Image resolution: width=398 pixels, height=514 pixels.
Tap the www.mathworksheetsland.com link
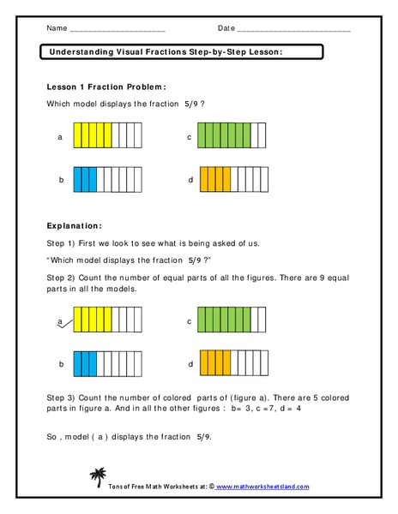pos(262,487)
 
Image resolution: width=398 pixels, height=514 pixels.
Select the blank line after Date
pos(293,29)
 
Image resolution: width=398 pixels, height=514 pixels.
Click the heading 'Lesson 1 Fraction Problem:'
pos(106,87)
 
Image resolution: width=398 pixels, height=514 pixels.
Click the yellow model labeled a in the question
pos(107,137)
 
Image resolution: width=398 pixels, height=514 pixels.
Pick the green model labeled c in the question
pos(232,136)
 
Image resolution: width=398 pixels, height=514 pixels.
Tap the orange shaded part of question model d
pos(215,180)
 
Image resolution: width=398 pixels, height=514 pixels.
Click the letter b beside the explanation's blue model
pos(61,364)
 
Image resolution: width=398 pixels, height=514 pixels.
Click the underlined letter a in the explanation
pos(60,322)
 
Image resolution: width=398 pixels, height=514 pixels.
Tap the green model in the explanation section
pos(232,321)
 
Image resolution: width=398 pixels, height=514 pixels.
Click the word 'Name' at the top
pos(57,28)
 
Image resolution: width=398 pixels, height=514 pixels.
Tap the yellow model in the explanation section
pos(107,321)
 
